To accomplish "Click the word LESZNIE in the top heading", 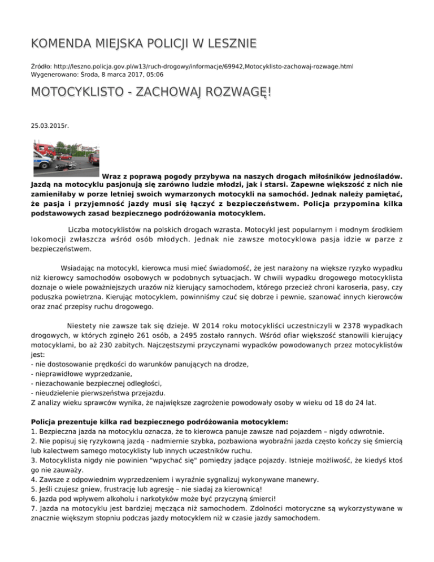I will coord(225,44).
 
